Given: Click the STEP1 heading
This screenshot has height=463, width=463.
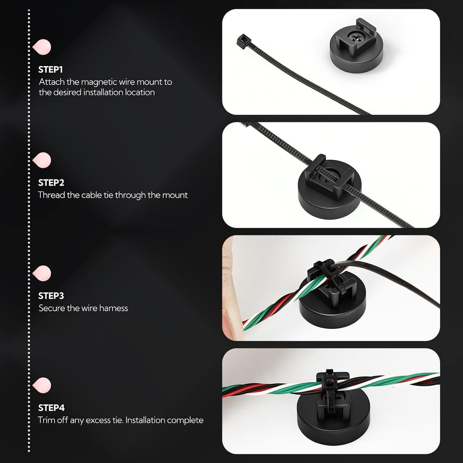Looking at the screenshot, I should click(x=50, y=70).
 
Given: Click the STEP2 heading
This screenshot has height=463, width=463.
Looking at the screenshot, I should click(x=51, y=183).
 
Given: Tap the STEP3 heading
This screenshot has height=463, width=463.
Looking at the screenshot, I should click(x=51, y=296).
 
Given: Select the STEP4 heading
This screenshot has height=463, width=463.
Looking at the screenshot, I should click(x=51, y=408).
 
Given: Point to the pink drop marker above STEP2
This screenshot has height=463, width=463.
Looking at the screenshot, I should click(x=42, y=160).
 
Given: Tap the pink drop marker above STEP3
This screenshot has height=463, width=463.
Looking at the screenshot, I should click(x=42, y=273).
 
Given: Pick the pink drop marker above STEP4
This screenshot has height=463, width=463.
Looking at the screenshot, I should click(x=42, y=385).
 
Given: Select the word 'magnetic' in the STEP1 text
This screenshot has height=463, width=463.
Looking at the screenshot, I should click(x=99, y=82).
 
